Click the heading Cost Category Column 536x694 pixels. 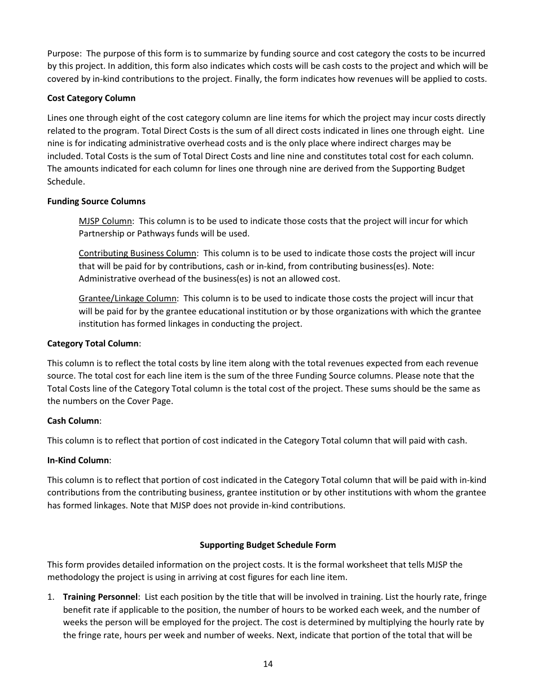91,98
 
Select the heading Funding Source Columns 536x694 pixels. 96,201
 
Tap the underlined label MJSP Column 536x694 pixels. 105,221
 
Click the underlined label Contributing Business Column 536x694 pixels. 137,253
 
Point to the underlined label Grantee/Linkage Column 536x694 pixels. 128,298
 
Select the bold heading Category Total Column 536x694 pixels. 93,344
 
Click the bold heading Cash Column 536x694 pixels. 73,421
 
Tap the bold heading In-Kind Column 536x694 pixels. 78,460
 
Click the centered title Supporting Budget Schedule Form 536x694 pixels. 267,545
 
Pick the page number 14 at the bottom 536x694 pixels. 267,664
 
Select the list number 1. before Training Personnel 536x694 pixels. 51,597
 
